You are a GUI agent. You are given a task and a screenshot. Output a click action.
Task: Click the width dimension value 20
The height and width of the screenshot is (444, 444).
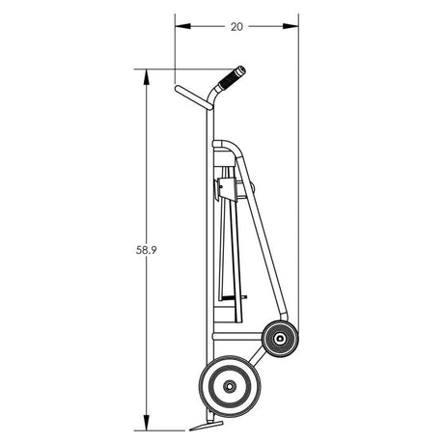tap(236, 27)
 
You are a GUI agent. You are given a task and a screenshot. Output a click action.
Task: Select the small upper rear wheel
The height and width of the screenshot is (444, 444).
tap(280, 337)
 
